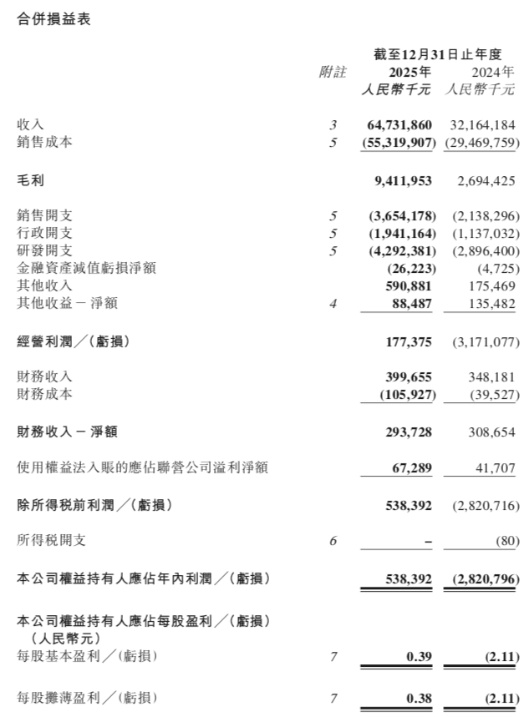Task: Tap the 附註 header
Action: point(332,72)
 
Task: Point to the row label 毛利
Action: point(31,179)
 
